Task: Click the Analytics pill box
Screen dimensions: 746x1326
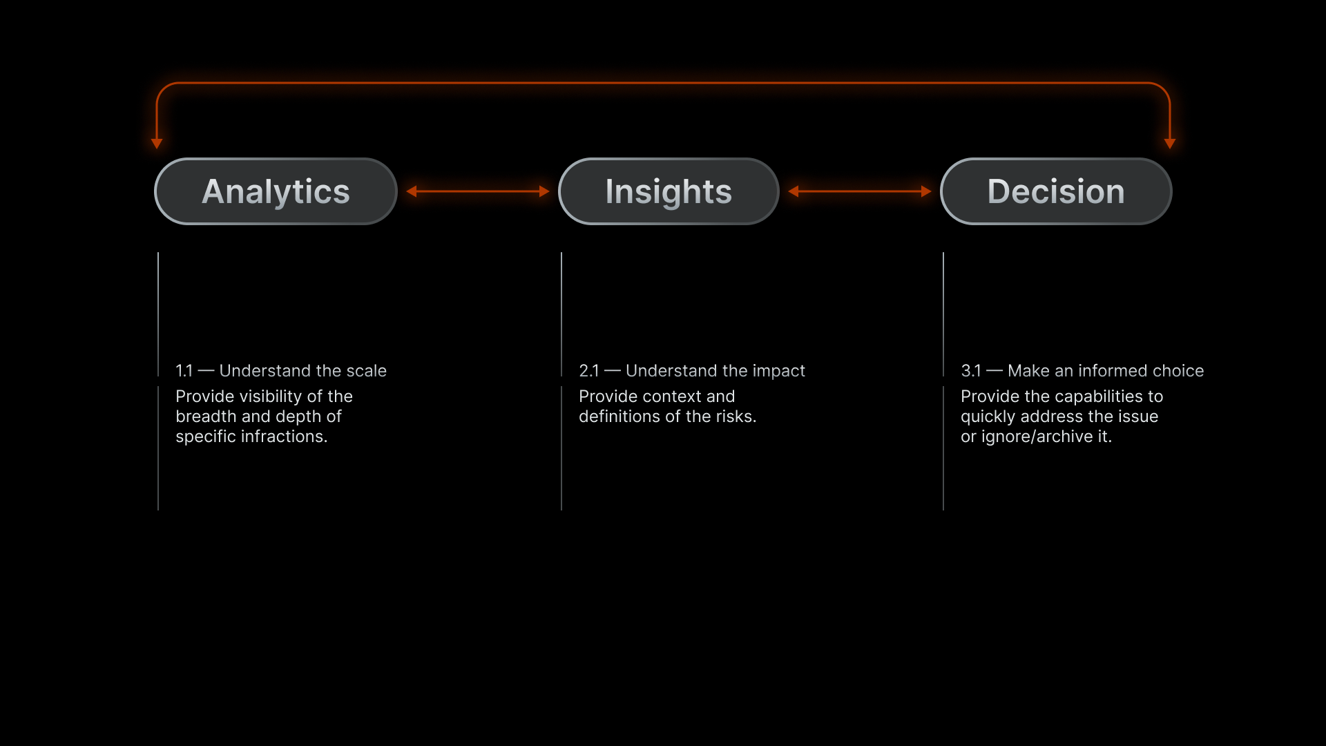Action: pyautogui.click(x=276, y=191)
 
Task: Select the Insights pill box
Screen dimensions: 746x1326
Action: pyautogui.click(x=669, y=191)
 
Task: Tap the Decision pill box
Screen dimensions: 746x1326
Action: pyautogui.click(x=1056, y=191)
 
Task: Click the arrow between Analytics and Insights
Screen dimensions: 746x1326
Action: pyautogui.click(x=478, y=191)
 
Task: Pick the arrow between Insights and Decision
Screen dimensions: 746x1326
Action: pyautogui.click(x=860, y=191)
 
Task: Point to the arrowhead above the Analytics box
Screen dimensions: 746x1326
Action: pyautogui.click(x=157, y=144)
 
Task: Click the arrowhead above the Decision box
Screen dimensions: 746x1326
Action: pyautogui.click(x=1170, y=144)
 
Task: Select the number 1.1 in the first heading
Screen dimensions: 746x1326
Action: pyautogui.click(x=184, y=371)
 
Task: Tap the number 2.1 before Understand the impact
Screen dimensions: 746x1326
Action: pyautogui.click(x=588, y=371)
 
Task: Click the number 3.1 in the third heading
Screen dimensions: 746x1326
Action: pyautogui.click(x=970, y=371)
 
